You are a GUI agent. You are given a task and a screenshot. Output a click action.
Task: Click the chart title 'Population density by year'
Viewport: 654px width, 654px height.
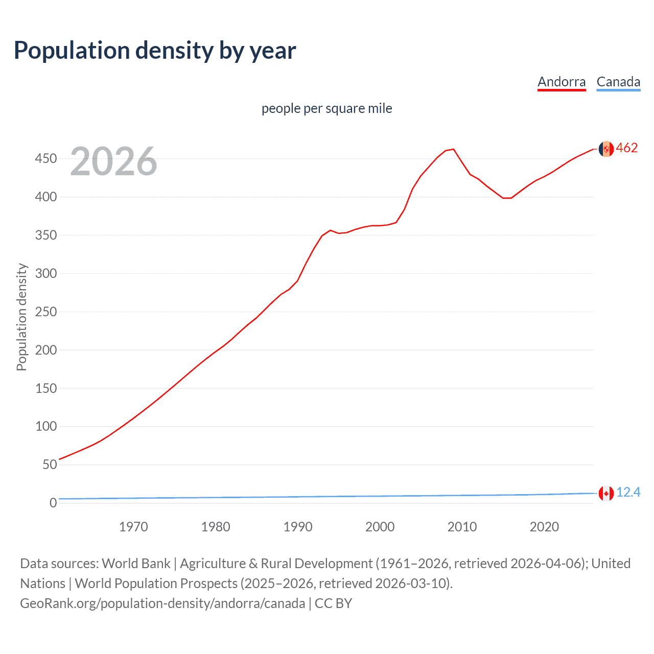click(155, 51)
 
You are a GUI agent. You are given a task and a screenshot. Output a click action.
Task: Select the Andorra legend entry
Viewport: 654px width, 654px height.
click(562, 82)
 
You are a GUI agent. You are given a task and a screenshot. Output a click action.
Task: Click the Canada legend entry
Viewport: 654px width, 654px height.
click(618, 82)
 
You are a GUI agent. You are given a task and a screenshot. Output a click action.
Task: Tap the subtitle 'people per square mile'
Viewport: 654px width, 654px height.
click(326, 108)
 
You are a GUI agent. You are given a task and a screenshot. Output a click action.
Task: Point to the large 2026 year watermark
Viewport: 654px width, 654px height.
click(113, 161)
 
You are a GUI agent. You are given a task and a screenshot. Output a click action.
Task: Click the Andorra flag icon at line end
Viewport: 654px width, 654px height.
click(606, 149)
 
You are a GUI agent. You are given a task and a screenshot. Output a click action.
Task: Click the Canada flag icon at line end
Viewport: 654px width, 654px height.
click(606, 493)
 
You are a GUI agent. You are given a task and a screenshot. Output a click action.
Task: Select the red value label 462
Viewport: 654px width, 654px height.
click(627, 148)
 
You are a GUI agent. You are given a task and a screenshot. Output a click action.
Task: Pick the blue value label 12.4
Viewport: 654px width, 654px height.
click(628, 492)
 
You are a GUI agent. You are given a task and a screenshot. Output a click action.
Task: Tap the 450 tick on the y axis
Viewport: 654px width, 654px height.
click(45, 159)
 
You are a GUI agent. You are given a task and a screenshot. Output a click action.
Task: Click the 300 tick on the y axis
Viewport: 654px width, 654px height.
click(45, 273)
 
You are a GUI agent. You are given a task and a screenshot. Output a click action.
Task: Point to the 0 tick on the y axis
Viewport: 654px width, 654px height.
click(53, 503)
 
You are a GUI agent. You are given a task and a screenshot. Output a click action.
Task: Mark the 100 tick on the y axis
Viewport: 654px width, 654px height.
click(45, 426)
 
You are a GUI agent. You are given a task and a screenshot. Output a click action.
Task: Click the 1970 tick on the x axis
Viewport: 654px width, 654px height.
click(133, 527)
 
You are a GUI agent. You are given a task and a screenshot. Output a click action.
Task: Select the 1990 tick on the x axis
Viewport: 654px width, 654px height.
click(298, 527)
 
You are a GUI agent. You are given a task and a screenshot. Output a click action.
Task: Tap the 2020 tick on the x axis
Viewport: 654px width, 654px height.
click(544, 527)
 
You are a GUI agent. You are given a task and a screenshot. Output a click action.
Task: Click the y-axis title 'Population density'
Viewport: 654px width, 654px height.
click(21, 317)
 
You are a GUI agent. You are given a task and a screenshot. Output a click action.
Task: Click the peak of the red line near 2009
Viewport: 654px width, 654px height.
click(453, 149)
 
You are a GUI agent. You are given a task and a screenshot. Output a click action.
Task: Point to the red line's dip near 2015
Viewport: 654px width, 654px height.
click(506, 198)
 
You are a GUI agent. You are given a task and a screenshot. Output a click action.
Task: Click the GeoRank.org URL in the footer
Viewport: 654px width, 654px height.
click(162, 603)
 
